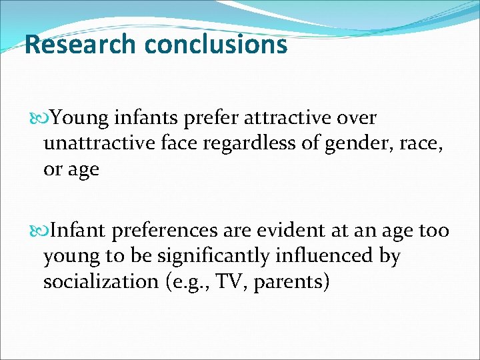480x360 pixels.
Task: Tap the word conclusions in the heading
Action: [x=215, y=45]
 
